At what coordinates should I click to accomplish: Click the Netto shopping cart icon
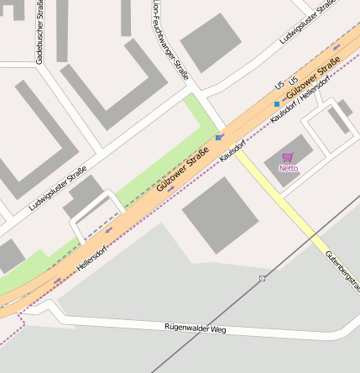[288, 156]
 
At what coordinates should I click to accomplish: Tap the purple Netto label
[288, 168]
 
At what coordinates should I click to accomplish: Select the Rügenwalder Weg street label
[195, 328]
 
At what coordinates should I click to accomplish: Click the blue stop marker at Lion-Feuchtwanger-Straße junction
[218, 137]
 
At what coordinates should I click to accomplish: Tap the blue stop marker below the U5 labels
[276, 104]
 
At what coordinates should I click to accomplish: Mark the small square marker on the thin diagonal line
[263, 278]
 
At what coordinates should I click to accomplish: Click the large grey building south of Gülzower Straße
[219, 215]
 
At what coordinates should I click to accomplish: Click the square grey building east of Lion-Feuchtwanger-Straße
[210, 42]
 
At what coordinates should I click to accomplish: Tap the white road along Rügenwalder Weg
[126, 323]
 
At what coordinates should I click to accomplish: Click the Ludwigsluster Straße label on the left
[58, 189]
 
